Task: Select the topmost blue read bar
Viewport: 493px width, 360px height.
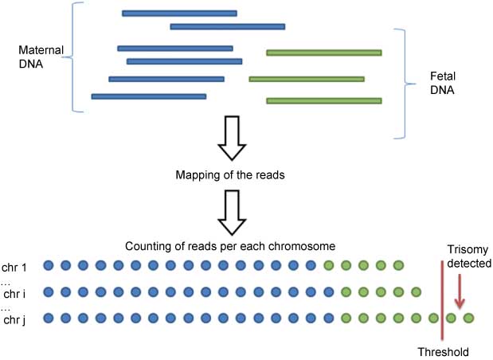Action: pos(179,14)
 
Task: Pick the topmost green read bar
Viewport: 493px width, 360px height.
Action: pos(323,53)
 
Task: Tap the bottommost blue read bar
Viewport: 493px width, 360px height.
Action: pos(149,96)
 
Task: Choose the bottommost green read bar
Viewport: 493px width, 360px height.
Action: pos(323,101)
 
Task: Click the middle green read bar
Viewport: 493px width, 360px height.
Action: pos(307,80)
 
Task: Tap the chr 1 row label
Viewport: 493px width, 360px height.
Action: pos(15,265)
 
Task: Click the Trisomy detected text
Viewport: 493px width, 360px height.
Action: pos(468,256)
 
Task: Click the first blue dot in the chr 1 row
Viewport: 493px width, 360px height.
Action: pos(49,265)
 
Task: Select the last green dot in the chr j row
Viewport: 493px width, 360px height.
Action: pos(468,319)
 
